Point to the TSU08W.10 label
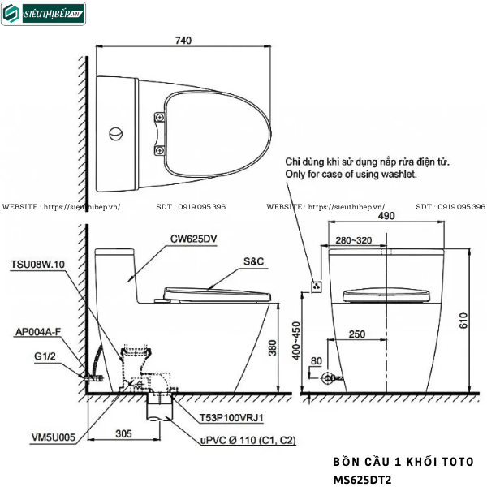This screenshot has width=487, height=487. pyautogui.click(x=37, y=265)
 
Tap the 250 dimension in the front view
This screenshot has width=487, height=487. pyautogui.click(x=356, y=334)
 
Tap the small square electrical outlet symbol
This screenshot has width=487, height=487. pyautogui.click(x=317, y=286)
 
